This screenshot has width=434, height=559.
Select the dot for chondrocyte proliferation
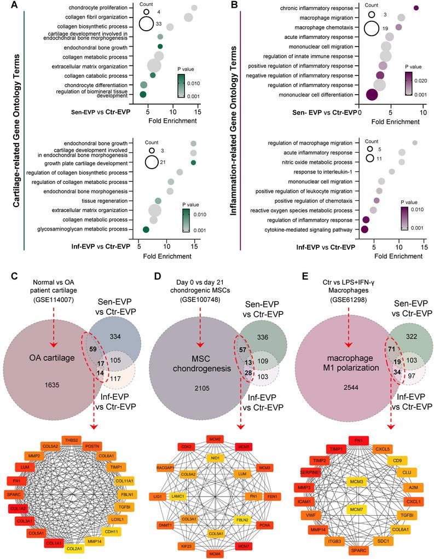pos(194,8)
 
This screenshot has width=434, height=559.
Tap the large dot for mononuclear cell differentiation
pos(372,95)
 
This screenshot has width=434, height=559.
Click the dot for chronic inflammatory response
pos(416,8)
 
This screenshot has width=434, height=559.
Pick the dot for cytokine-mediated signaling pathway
pos(364,229)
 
